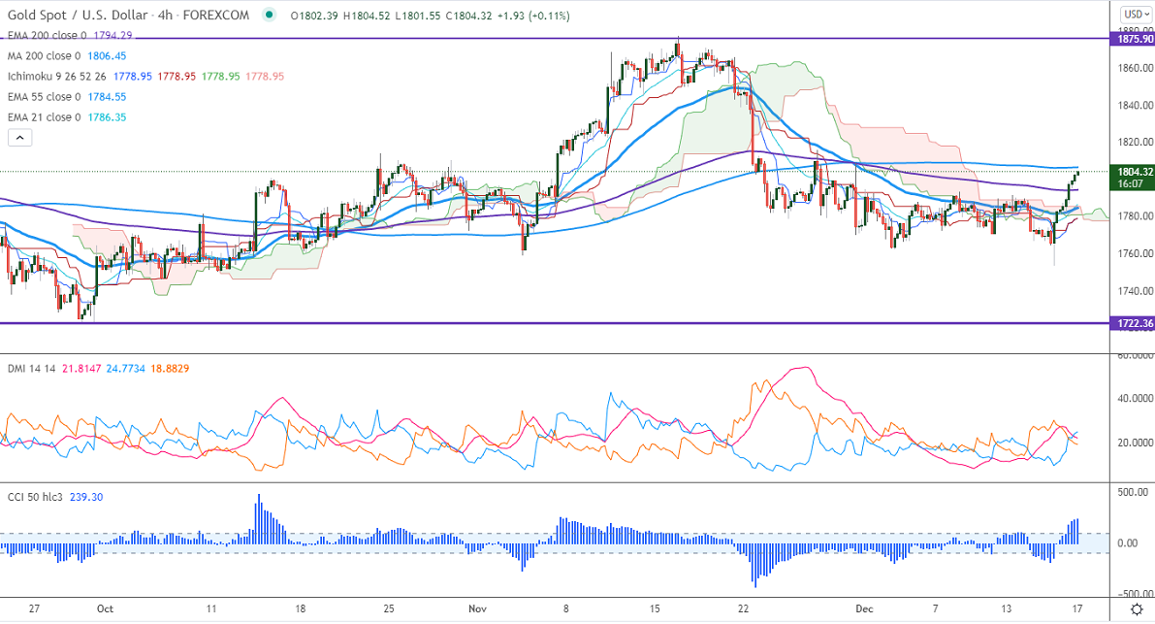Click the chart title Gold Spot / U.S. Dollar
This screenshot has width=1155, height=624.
tap(78, 16)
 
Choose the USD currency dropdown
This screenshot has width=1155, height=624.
tap(1135, 15)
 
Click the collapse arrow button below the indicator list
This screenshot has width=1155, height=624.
tap(20, 138)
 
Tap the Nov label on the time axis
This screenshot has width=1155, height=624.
tap(477, 608)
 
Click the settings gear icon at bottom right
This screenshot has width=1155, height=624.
tap(1137, 608)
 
